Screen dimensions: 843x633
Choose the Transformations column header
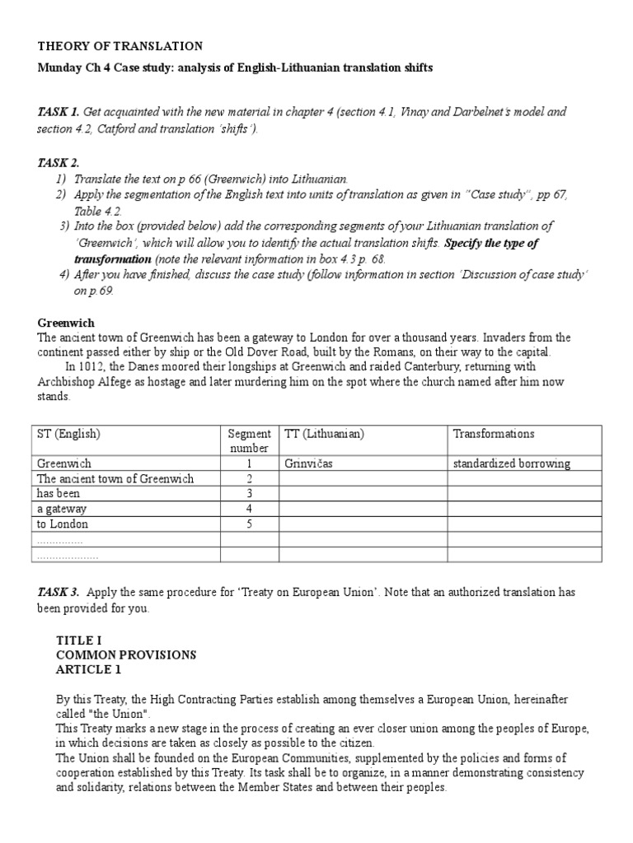coord(494,434)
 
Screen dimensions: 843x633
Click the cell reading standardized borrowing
coord(511,463)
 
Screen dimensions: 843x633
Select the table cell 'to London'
coord(62,524)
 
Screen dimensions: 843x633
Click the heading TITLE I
coord(78,640)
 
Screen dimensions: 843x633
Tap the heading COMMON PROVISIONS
coord(125,654)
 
